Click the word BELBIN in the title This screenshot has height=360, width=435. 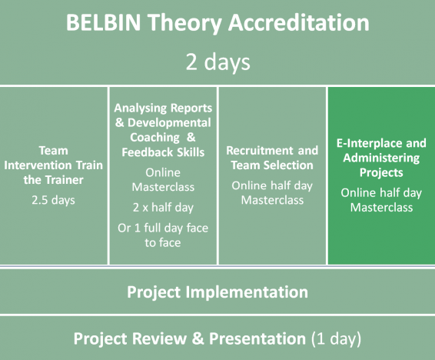104,22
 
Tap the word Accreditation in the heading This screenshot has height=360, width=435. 298,22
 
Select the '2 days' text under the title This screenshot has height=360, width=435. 217,62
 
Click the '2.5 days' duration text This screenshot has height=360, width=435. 53,200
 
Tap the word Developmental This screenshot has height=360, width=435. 169,122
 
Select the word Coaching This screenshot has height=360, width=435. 154,138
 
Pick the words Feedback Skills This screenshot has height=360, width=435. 163,152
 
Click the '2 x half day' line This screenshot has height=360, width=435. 163,208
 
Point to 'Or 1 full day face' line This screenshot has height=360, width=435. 163,228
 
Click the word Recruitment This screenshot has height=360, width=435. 260,151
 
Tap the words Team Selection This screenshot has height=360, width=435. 272,165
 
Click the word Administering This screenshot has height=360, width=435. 381,158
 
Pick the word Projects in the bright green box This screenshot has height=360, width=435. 381,172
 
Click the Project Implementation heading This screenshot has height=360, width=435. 217,292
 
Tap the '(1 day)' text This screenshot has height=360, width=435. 336,338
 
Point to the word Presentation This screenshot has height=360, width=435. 257,338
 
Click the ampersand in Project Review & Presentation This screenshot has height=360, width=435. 198,338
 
